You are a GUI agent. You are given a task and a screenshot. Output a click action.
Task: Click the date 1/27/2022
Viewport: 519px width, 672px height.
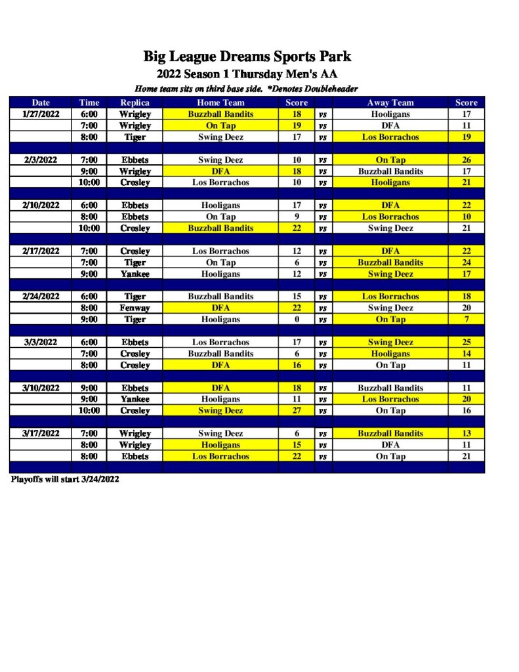coord(41,114)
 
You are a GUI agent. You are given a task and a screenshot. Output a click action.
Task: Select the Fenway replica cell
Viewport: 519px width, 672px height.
coord(135,308)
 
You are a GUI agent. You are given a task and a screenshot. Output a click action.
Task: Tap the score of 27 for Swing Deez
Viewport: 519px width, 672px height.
coord(297,411)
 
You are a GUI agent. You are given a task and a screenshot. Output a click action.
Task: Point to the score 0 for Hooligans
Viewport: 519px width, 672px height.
coord(297,320)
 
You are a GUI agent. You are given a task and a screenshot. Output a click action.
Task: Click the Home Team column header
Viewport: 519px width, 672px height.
coord(220,102)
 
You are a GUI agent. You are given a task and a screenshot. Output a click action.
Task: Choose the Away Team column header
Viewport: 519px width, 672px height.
coord(390,102)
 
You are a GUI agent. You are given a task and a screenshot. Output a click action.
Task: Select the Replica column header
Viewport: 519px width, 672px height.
coord(135,102)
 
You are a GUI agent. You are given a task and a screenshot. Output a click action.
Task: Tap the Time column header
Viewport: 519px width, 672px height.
coord(89,102)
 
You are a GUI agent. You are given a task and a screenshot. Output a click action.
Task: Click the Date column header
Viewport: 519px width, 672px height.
coord(41,102)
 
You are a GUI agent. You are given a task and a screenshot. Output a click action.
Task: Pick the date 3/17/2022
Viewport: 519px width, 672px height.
coord(41,433)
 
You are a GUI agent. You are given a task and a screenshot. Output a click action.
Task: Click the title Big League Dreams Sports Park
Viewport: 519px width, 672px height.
coord(247,56)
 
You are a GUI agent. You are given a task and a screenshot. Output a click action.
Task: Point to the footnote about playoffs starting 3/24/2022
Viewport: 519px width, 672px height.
coord(65,479)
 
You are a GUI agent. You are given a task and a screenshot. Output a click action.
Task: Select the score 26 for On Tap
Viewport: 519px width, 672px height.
coord(467,160)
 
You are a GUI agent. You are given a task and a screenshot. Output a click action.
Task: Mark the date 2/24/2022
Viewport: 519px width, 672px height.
coord(41,297)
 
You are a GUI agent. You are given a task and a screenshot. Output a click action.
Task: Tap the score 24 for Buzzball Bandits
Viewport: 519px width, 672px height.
coord(467,262)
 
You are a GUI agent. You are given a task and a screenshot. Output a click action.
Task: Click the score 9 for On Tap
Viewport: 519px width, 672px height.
coord(297,217)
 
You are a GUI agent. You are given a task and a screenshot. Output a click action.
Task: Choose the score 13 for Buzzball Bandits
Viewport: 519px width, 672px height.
coord(467,433)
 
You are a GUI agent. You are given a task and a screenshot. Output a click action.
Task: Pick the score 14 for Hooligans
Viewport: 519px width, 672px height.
coord(467,354)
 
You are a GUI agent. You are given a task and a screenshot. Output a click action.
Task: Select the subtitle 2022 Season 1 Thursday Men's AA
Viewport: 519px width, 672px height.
coord(247,74)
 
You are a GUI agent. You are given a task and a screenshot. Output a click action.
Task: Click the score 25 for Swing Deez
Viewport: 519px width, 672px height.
coord(467,342)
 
